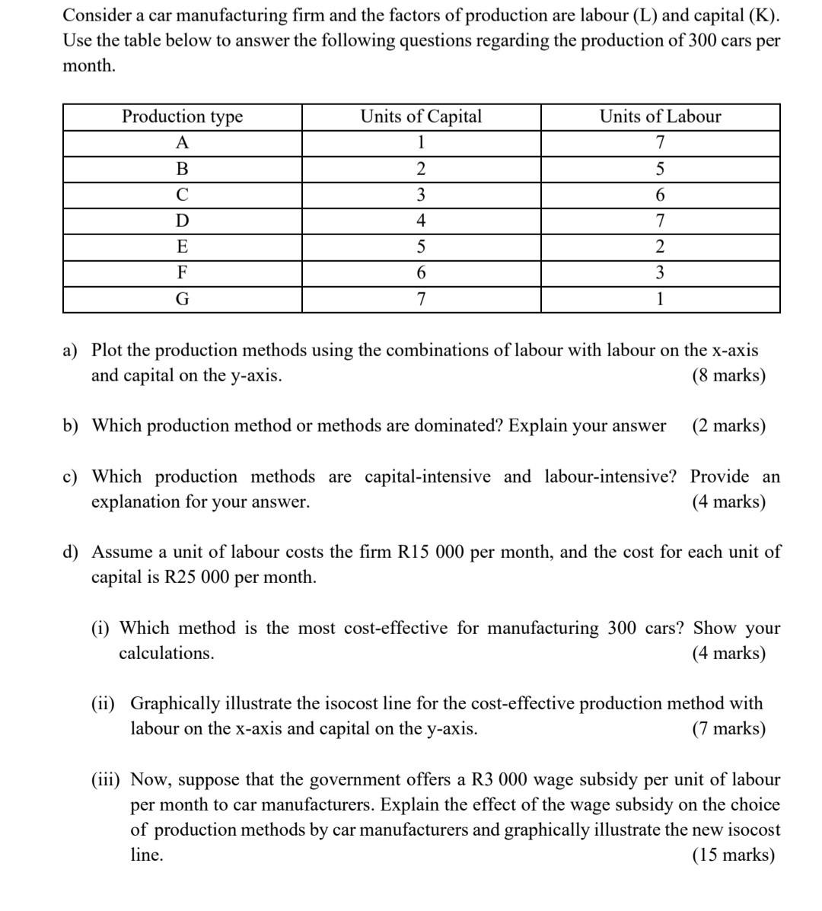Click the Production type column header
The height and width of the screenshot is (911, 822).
click(x=183, y=116)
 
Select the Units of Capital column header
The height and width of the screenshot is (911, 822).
click(x=421, y=116)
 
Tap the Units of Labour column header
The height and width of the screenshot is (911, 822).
click(x=660, y=116)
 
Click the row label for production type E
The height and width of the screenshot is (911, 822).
click(x=183, y=247)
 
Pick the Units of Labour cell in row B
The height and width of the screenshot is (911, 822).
click(x=660, y=169)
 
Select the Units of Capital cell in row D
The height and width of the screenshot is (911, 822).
click(x=421, y=221)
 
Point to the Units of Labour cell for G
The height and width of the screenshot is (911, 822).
click(x=660, y=299)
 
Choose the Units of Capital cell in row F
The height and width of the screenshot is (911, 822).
click(x=421, y=272)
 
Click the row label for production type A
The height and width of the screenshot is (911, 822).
click(x=183, y=142)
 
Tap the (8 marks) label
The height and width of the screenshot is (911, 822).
click(x=728, y=375)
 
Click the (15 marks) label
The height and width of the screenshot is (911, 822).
click(x=733, y=855)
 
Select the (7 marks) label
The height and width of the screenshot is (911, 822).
click(x=728, y=728)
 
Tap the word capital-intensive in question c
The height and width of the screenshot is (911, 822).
click(x=428, y=476)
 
